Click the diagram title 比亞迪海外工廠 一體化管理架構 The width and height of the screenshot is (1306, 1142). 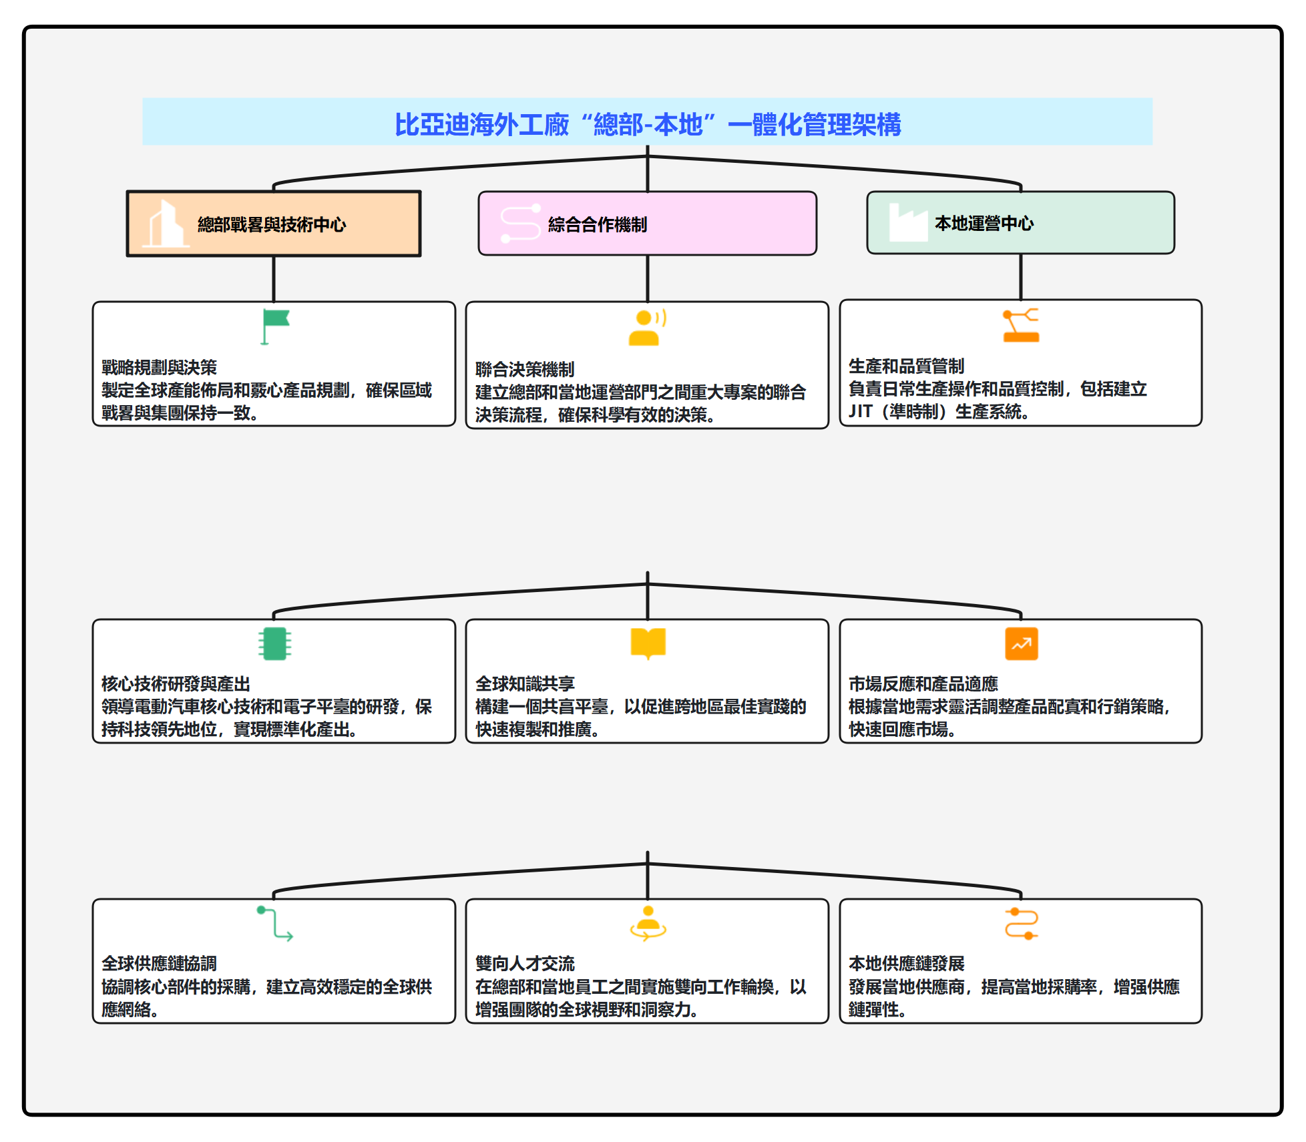pyautogui.click(x=647, y=124)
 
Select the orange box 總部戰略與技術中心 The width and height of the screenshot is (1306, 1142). pyautogui.click(x=273, y=224)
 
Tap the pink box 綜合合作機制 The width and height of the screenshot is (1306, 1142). pyautogui.click(x=647, y=224)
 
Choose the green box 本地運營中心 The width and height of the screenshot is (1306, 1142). pyautogui.click(x=1020, y=223)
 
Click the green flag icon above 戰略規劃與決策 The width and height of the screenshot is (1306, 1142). pyautogui.click(x=274, y=326)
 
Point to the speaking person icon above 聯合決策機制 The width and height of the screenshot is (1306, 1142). pyautogui.click(x=647, y=327)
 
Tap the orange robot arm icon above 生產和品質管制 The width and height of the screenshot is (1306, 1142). pyautogui.click(x=1021, y=326)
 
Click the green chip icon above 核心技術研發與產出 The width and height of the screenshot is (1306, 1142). pyautogui.click(x=274, y=643)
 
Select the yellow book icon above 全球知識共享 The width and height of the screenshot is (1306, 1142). pyautogui.click(x=648, y=643)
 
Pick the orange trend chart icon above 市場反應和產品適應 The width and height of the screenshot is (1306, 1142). pyautogui.click(x=1021, y=643)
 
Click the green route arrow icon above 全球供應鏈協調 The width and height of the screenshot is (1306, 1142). pyautogui.click(x=274, y=924)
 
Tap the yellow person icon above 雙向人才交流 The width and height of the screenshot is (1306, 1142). pyautogui.click(x=648, y=924)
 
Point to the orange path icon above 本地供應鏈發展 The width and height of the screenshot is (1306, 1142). pyautogui.click(x=1021, y=924)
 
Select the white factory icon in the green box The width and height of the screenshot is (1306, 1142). pyautogui.click(x=907, y=223)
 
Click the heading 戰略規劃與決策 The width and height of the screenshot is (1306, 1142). pyautogui.click(x=159, y=367)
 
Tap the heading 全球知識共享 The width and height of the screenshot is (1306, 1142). pyautogui.click(x=525, y=683)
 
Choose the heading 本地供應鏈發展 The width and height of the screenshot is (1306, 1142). pyautogui.click(x=906, y=963)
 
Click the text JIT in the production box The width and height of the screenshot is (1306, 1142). pyautogui.click(x=860, y=411)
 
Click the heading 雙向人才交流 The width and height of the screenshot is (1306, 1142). pyautogui.click(x=525, y=963)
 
